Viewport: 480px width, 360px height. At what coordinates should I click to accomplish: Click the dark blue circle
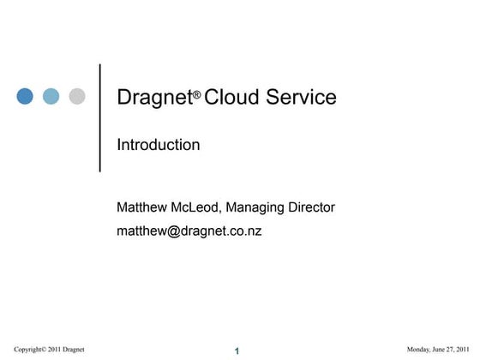pyautogui.click(x=25, y=96)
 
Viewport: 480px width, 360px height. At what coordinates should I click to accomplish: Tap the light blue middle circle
pyautogui.click(x=51, y=96)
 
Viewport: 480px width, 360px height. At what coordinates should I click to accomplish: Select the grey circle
pyautogui.click(x=76, y=96)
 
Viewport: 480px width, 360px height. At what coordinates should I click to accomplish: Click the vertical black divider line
pyautogui.click(x=100, y=117)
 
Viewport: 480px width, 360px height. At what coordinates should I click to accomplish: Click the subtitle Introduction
pyautogui.click(x=159, y=146)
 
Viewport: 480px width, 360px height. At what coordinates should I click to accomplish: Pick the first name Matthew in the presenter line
pyautogui.click(x=142, y=207)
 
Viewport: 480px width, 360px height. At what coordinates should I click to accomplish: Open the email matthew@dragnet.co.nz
pyautogui.click(x=189, y=231)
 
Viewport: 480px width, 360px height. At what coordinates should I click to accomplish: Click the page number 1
pyautogui.click(x=237, y=351)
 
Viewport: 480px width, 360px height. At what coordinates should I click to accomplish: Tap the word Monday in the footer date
pyautogui.click(x=418, y=349)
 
